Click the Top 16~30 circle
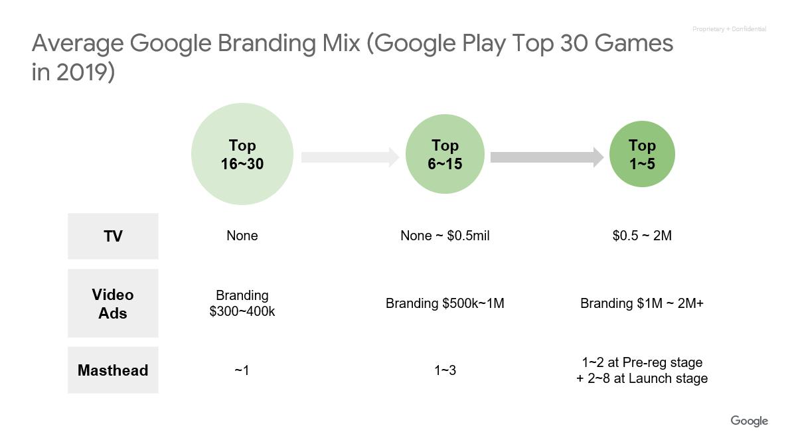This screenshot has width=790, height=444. point(242,154)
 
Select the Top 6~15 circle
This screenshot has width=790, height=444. point(445,154)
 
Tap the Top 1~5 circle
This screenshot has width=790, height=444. point(642,154)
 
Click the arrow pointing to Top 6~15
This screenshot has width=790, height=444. point(350,157)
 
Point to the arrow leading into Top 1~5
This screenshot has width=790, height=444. point(547,157)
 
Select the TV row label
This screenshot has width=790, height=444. point(113,236)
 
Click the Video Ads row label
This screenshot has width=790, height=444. point(113,303)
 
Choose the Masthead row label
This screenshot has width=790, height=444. point(113,370)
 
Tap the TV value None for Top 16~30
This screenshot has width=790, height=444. point(242,236)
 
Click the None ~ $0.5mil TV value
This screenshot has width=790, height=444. point(445,236)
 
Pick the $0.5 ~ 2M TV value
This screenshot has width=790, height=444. point(642,236)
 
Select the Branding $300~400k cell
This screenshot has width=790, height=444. point(242,303)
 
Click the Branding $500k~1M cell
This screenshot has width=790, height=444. point(445,303)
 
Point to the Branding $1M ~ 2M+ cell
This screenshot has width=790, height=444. point(642,303)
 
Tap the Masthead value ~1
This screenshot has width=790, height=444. point(242,370)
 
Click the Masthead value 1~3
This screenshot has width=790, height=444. point(445,370)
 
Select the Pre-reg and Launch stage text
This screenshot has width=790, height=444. point(642,370)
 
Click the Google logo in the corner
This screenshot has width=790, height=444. point(750,421)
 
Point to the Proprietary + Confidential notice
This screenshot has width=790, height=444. point(729,29)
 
